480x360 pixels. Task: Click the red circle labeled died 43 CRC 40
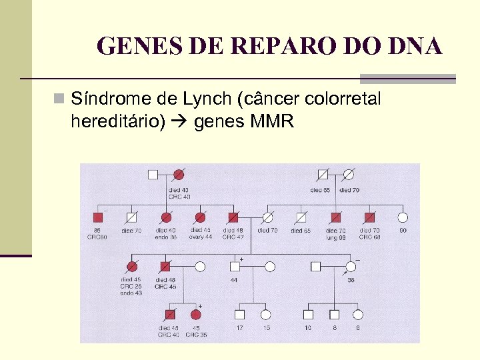(179, 175)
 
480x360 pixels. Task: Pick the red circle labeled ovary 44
(199, 217)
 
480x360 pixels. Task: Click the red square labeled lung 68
(335, 217)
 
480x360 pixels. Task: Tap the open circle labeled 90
(402, 217)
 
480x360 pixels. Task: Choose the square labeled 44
(234, 267)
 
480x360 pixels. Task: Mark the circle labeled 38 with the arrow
(350, 267)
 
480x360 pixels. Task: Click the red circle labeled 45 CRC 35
(196, 314)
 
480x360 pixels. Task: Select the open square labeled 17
(239, 314)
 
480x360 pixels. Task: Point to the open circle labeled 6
(357, 314)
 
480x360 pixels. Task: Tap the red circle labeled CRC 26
(131, 267)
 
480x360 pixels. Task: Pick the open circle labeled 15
(265, 314)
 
